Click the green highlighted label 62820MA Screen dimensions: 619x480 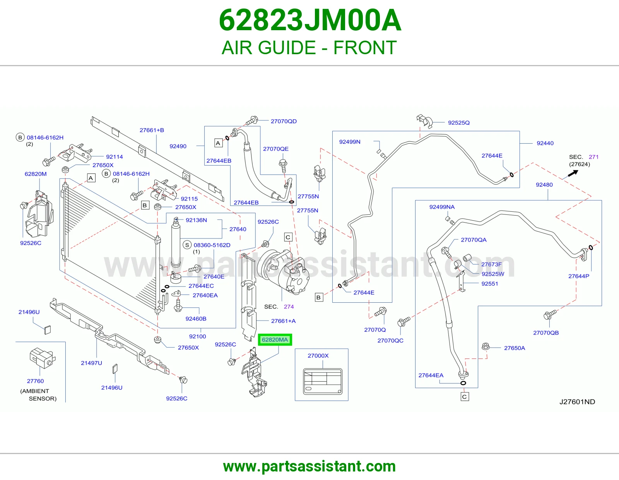pos(275,339)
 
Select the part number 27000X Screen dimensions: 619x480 pos(318,356)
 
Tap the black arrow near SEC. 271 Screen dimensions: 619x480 pos(573,173)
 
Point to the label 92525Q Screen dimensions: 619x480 pos(458,123)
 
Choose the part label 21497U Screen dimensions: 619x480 pos(91,363)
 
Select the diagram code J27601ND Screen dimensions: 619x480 pos(577,402)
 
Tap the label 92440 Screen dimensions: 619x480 pos(545,143)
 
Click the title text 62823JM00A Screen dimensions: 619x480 pos(309,21)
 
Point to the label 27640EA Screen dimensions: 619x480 pos(205,295)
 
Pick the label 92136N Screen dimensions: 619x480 pos(196,220)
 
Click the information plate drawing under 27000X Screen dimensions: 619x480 pos(323,382)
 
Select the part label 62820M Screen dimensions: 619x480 pos(36,174)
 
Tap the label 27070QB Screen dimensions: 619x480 pos(546,333)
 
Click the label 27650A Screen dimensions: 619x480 pos(515,348)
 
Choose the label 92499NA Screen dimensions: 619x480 pos(442,207)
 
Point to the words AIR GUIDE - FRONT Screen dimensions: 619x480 pos(309,48)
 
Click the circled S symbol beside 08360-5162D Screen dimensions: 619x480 pos(187,245)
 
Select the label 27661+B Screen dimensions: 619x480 pos(152,130)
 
